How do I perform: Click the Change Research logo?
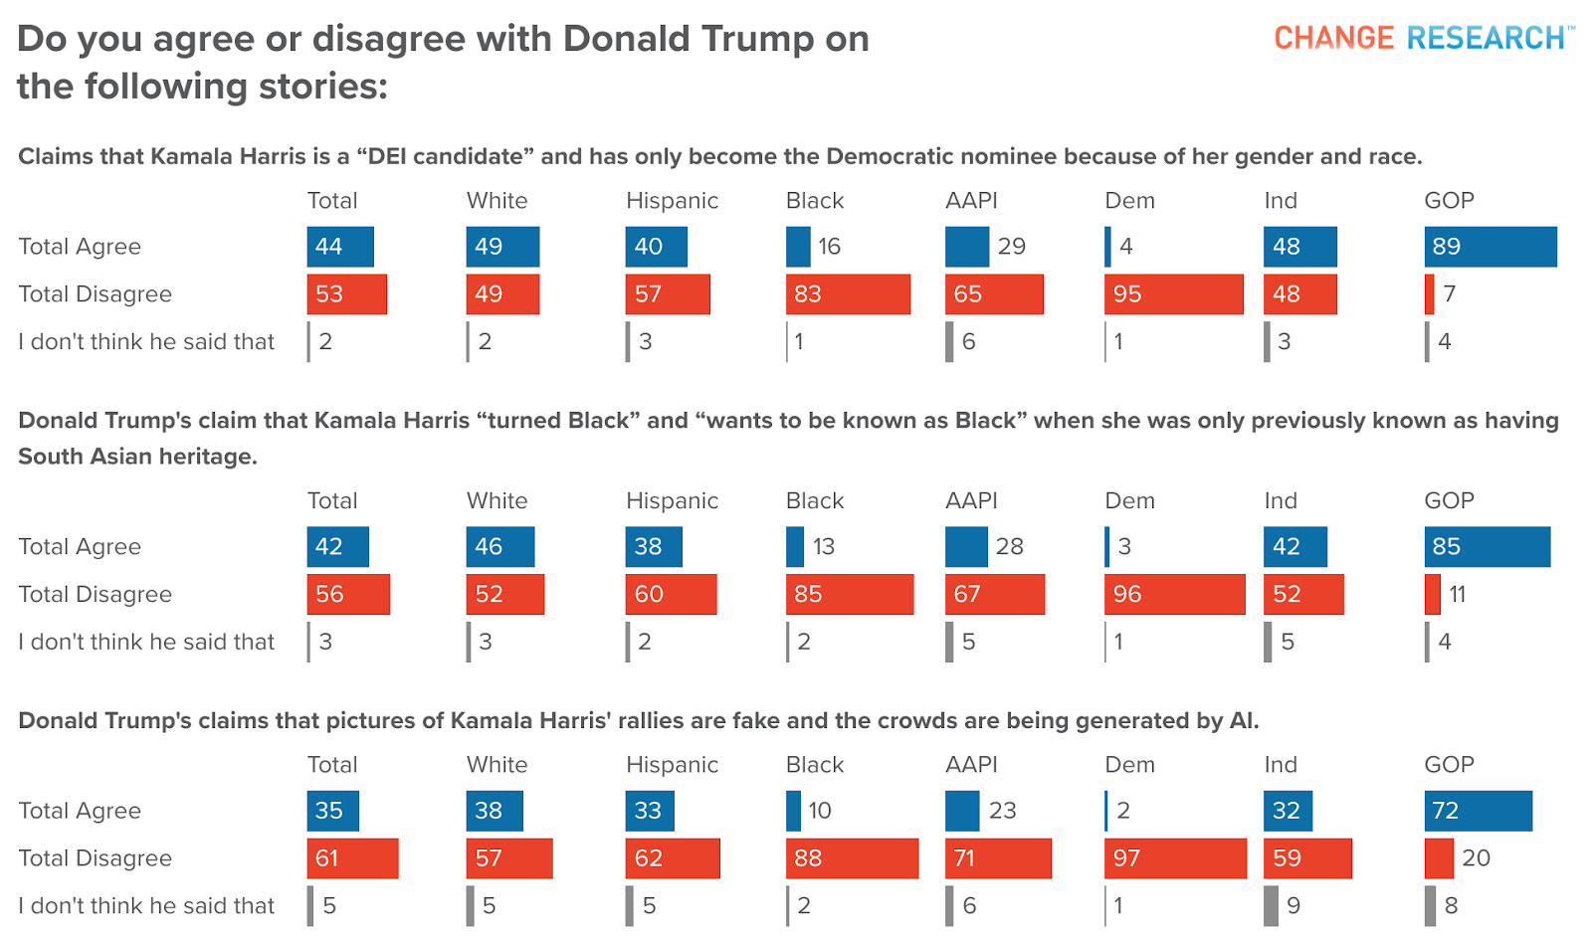point(1424,38)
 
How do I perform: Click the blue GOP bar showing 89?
point(1490,247)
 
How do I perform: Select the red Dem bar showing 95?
point(1173,294)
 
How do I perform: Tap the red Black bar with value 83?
point(848,294)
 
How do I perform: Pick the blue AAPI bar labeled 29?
point(966,247)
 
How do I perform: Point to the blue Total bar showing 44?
point(340,247)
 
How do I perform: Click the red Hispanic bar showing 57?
point(668,294)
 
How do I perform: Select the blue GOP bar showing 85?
point(1487,547)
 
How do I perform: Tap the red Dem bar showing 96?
point(1174,595)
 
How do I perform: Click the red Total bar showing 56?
point(348,595)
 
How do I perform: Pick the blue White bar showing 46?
point(500,547)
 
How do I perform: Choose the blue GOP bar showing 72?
point(1478,811)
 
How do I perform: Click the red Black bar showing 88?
point(852,858)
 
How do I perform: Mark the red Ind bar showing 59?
point(1307,858)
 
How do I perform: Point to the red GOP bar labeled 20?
point(1439,858)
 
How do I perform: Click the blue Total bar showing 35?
point(333,811)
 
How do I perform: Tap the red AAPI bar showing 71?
point(998,858)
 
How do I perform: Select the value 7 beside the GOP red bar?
point(1450,294)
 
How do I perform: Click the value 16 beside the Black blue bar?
point(830,247)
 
